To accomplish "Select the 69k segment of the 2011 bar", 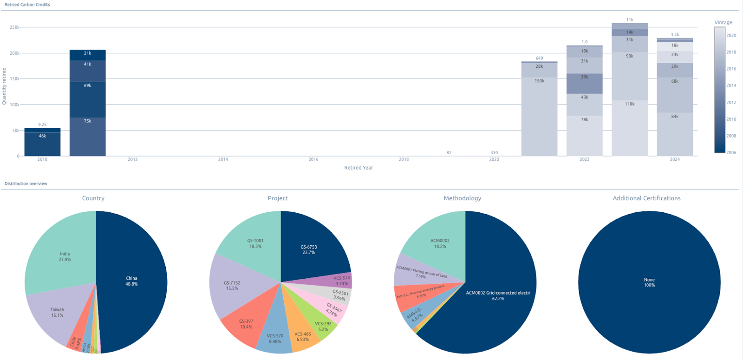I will pos(87,99).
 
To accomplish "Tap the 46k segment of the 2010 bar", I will pos(42,144).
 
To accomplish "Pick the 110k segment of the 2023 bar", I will pos(630,128).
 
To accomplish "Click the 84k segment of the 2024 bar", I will pos(675,134).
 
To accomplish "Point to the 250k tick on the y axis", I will pos(14,27).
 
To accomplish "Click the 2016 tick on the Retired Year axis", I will pos(313,159).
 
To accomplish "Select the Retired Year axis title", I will pos(358,168).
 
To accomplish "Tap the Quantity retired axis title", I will pos(4,86).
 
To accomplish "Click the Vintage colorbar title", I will pos(723,22).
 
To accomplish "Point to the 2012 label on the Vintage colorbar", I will pos(731,103).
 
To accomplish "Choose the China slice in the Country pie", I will pos(131,281).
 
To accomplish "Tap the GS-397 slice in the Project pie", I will pos(246,324).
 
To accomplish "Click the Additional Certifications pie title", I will pos(646,198).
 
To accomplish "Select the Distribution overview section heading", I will pos(26,183).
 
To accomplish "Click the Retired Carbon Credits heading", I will pos(27,5).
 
